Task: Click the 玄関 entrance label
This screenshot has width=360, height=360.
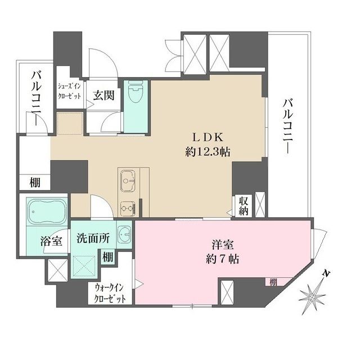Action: [104, 94]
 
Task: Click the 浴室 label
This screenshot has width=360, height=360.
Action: [52, 240]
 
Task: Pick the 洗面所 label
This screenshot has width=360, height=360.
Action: [93, 238]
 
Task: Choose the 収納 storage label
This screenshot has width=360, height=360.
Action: [244, 206]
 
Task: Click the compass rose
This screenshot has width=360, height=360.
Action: [312, 294]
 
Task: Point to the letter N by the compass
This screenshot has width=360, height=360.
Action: [326, 274]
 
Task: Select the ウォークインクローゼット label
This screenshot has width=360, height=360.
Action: [110, 292]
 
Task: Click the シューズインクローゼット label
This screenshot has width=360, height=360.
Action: [70, 92]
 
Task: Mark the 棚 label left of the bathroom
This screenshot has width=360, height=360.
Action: [28, 183]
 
